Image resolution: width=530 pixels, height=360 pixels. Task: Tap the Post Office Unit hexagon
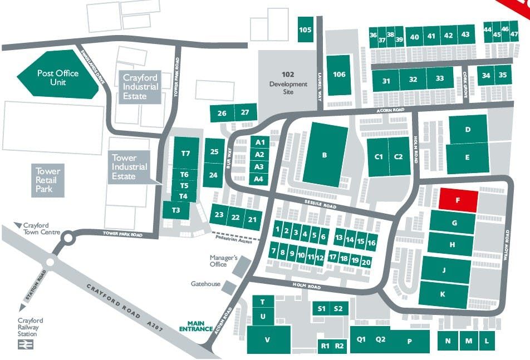58,77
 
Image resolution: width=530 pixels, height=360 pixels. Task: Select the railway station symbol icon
25,344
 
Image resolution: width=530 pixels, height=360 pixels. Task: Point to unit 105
305,30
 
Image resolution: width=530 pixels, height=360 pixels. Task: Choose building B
325,155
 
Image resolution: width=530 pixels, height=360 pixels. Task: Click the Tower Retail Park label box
48,180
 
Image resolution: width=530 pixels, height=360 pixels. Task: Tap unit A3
259,167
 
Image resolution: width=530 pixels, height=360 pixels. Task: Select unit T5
184,185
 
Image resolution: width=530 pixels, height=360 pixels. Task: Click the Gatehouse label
205,284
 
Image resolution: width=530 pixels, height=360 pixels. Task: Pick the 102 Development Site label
288,83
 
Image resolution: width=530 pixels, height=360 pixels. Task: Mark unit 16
372,243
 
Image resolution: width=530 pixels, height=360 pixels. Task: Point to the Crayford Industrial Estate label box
140,87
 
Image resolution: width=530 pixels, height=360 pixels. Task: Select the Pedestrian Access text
233,240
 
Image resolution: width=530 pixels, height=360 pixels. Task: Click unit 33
440,79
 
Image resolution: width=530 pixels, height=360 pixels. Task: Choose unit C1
379,157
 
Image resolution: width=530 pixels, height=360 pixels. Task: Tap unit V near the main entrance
268,339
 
